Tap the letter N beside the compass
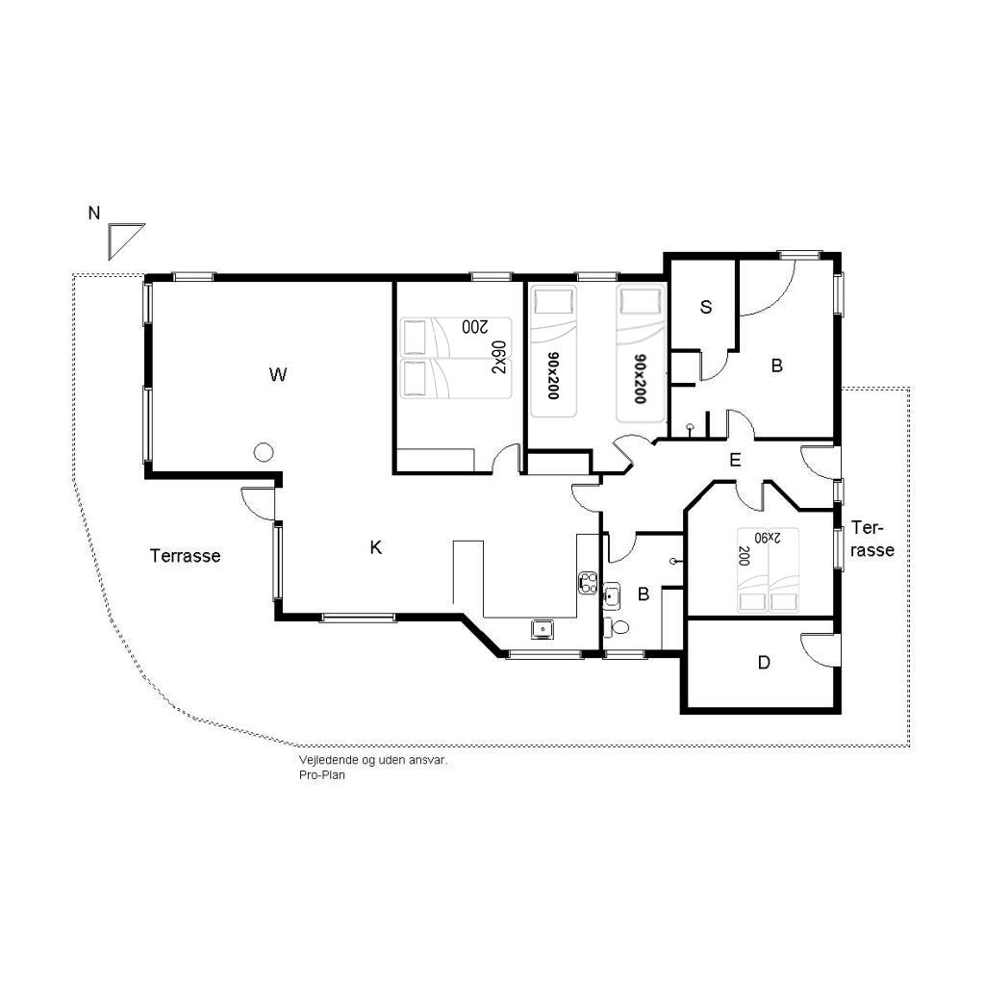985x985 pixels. pos(94,214)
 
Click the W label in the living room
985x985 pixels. pos(278,375)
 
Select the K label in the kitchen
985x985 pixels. pos(376,547)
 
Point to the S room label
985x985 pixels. pos(706,307)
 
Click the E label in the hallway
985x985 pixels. pos(735,461)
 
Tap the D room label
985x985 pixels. pos(764,662)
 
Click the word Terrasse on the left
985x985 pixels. pos(186,556)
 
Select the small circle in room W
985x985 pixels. pos(264,452)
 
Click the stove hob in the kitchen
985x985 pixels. pos(588,582)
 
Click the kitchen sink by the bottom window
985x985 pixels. pos(542,628)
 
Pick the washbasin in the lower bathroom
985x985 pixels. pos(612,595)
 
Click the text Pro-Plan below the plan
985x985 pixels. pos(322,775)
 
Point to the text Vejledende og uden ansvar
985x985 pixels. pos(373,760)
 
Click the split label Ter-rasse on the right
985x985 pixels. pos(871,539)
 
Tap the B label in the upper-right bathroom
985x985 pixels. pos(777,366)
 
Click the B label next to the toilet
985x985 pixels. pos(644,594)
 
